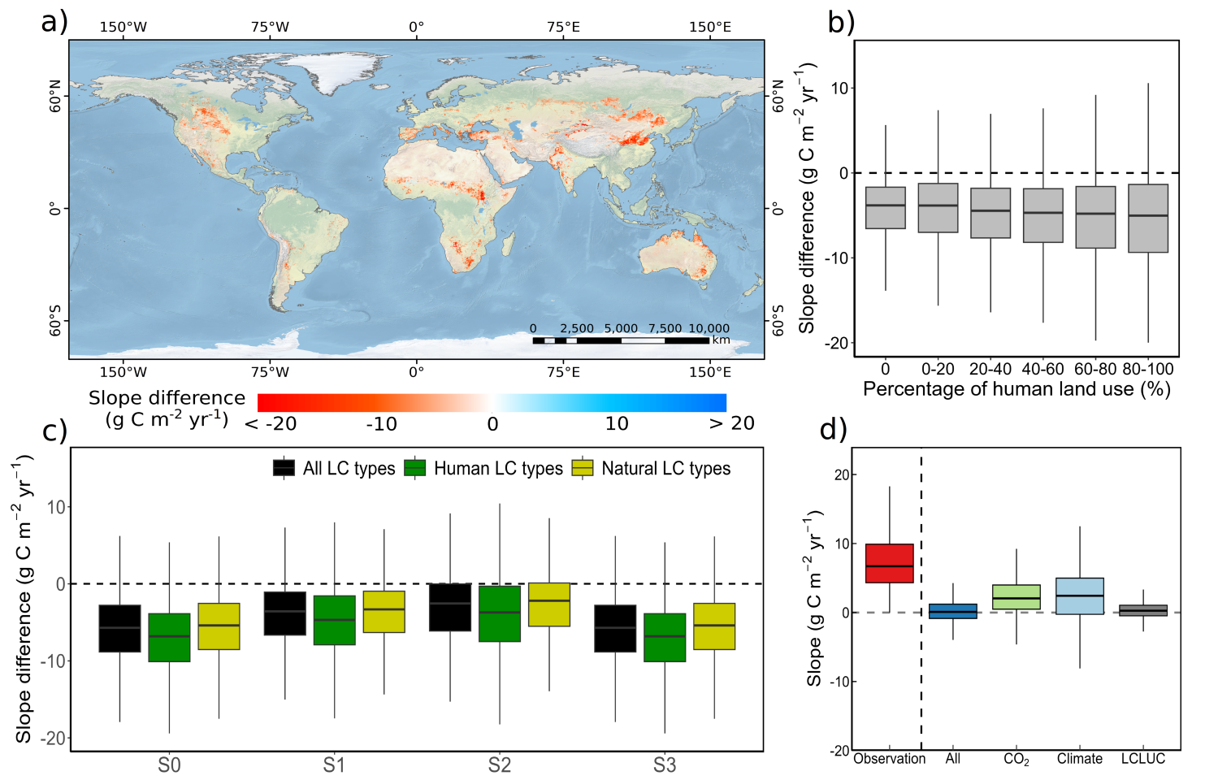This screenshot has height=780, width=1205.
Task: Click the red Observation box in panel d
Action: click(x=889, y=563)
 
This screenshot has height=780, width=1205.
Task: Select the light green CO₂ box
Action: click(x=1016, y=597)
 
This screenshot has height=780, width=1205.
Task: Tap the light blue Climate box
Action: click(x=1079, y=596)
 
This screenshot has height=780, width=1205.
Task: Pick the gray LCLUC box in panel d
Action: click(x=1142, y=610)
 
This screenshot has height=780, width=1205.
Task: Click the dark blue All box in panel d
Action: click(x=952, y=611)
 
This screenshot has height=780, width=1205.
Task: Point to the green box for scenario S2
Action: click(x=499, y=613)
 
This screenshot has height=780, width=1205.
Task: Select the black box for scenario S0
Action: click(x=119, y=628)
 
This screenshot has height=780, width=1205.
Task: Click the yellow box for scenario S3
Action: click(x=713, y=626)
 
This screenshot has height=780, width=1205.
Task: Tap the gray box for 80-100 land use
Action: click(x=1147, y=219)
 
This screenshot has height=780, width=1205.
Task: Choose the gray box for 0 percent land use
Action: click(x=885, y=208)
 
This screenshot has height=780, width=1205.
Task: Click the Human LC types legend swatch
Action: click(x=414, y=468)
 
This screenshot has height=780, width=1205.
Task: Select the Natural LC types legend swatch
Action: click(x=583, y=468)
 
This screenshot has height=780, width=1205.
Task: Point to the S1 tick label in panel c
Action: click(x=334, y=765)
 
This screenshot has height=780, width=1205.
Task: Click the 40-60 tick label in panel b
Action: click(x=1042, y=369)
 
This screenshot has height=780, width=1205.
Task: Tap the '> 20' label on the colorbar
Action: click(x=731, y=423)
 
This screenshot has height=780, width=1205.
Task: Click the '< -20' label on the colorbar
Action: click(x=271, y=423)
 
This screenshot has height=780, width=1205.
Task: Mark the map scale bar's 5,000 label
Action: click(x=621, y=328)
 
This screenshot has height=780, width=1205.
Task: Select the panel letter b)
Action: click(x=841, y=22)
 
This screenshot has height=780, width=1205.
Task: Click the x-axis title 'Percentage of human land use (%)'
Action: click(x=1016, y=389)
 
